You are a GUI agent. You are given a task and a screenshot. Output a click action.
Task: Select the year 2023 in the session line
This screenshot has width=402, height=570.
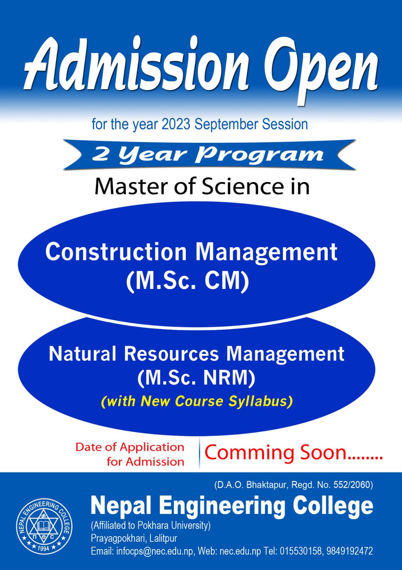pos(176,124)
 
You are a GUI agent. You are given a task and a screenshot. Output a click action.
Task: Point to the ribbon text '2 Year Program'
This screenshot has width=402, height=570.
pos(208,155)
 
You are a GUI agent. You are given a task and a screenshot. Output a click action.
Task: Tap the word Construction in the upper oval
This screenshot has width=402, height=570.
pos(116,252)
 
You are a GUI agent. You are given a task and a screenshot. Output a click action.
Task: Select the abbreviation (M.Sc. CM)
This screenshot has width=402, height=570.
pos(188,281)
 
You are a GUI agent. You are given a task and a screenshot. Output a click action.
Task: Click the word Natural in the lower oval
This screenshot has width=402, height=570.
pos(82,354)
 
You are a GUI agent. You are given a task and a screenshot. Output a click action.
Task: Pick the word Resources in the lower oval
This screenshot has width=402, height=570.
pos(172,354)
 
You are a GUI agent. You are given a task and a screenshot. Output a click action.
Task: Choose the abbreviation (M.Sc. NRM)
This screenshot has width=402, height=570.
pos(196,378)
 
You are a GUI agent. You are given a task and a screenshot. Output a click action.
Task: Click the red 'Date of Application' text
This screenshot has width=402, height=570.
pos(130,447)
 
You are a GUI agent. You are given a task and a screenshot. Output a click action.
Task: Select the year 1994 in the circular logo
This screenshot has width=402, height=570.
pos(44,547)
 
